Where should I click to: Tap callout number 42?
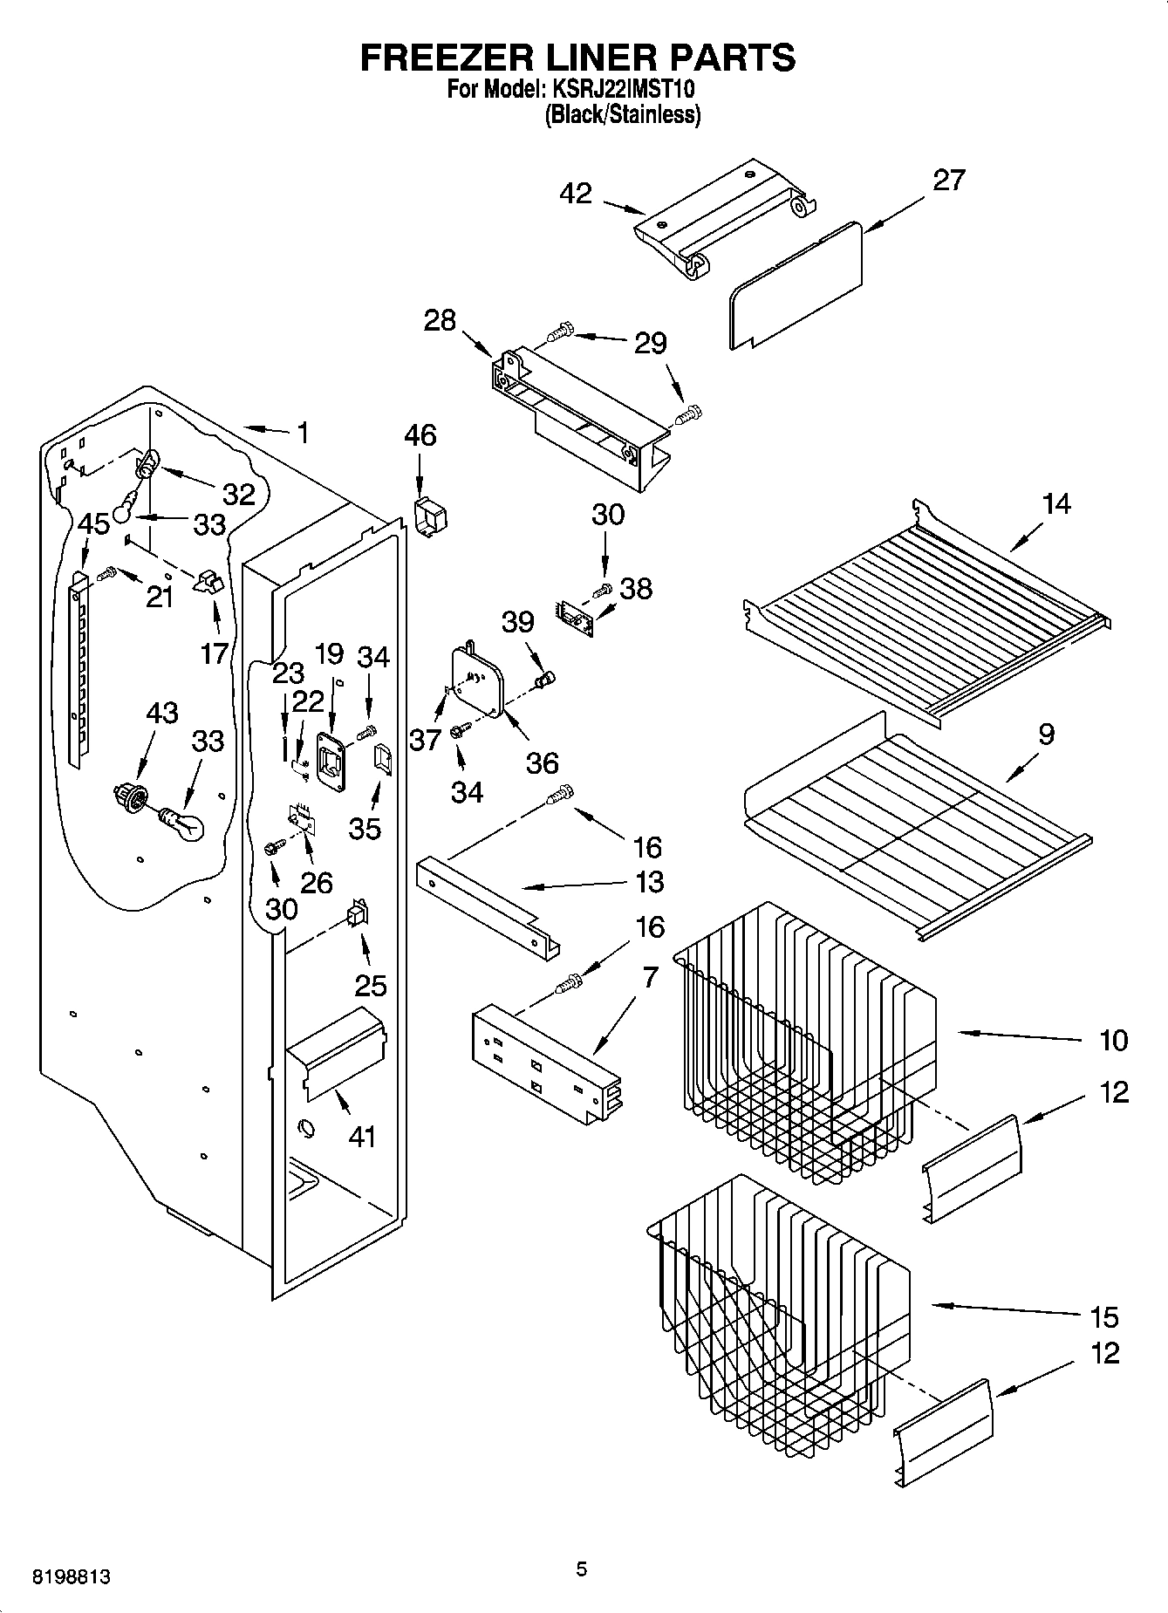pos(577,194)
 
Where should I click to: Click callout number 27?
pos(949,180)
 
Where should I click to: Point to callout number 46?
pos(420,434)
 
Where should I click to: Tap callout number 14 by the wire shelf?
pos(1056,503)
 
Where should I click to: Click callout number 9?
pos(1046,734)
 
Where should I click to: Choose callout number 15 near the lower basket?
pos(1103,1316)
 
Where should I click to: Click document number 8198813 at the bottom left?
pos(72,1577)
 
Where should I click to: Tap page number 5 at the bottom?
pos(582,1569)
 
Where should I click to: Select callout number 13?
pos(650,882)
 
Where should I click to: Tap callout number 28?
pos(440,320)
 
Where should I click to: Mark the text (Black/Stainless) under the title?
pos(622,114)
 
